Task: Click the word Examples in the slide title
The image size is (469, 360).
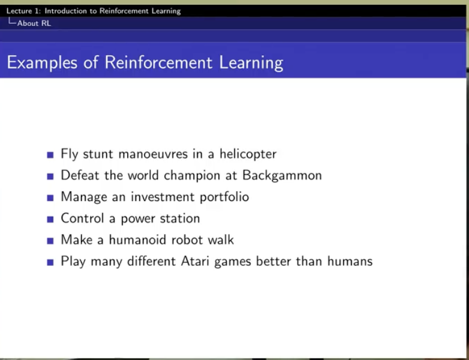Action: coord(42,63)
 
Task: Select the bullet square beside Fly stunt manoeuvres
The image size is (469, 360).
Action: coord(50,155)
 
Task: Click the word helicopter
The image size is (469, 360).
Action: coord(248,154)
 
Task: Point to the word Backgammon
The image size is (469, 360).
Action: coord(282,176)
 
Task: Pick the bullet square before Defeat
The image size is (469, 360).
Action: coord(50,176)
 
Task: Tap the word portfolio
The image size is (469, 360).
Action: coord(224,197)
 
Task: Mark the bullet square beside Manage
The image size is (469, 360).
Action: coord(50,198)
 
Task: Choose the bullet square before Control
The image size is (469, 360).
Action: coord(50,220)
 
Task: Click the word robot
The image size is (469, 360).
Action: coord(187,240)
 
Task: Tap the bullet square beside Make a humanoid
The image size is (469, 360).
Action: coord(50,241)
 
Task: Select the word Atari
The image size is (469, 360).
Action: coord(195,261)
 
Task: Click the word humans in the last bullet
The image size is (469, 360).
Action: coord(350,261)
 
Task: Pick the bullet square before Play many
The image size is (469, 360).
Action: coord(50,262)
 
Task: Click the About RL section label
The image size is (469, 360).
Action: coord(34,23)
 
